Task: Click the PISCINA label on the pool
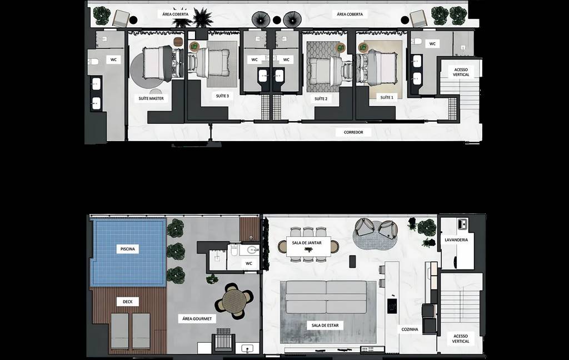(128, 249)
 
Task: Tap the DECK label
(128, 302)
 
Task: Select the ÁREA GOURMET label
(197, 319)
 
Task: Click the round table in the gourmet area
(234, 301)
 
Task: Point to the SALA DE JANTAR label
(307, 243)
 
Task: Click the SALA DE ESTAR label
(325, 326)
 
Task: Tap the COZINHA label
(410, 329)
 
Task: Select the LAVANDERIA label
(456, 240)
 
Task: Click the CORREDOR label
(353, 132)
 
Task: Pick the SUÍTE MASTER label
(151, 98)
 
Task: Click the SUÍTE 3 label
(222, 96)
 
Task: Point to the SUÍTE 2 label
(321, 99)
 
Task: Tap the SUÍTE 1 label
(387, 97)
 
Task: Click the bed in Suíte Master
(158, 63)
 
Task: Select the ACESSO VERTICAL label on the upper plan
(461, 72)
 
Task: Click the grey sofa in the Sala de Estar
(326, 297)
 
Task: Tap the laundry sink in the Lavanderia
(462, 224)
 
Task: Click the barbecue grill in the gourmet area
(223, 339)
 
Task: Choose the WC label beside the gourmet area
(249, 263)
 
